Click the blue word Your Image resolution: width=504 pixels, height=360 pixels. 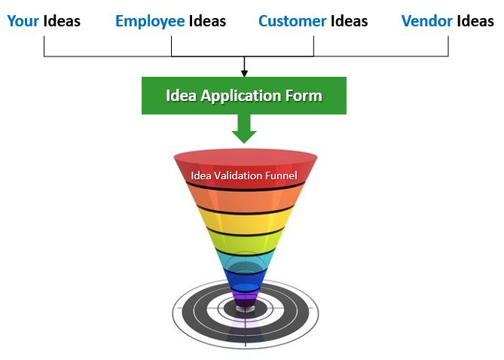(23, 22)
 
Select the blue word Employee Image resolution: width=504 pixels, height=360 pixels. (150, 22)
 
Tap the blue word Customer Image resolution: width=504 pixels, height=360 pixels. (292, 22)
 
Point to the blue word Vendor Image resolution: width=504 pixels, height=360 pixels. (427, 22)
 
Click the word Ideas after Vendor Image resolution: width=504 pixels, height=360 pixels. (475, 22)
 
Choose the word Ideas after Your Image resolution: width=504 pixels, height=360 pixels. (62, 22)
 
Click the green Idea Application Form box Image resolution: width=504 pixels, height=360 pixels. (244, 96)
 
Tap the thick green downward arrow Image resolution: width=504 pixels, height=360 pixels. (244, 129)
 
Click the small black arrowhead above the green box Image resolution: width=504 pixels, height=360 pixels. (244, 73)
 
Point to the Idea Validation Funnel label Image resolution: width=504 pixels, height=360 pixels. (244, 175)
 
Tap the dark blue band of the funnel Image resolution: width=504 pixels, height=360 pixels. (245, 280)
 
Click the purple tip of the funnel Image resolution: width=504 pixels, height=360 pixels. (245, 300)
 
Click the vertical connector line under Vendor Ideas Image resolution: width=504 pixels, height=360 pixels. (448, 46)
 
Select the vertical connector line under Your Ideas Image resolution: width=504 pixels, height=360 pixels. (44, 46)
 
